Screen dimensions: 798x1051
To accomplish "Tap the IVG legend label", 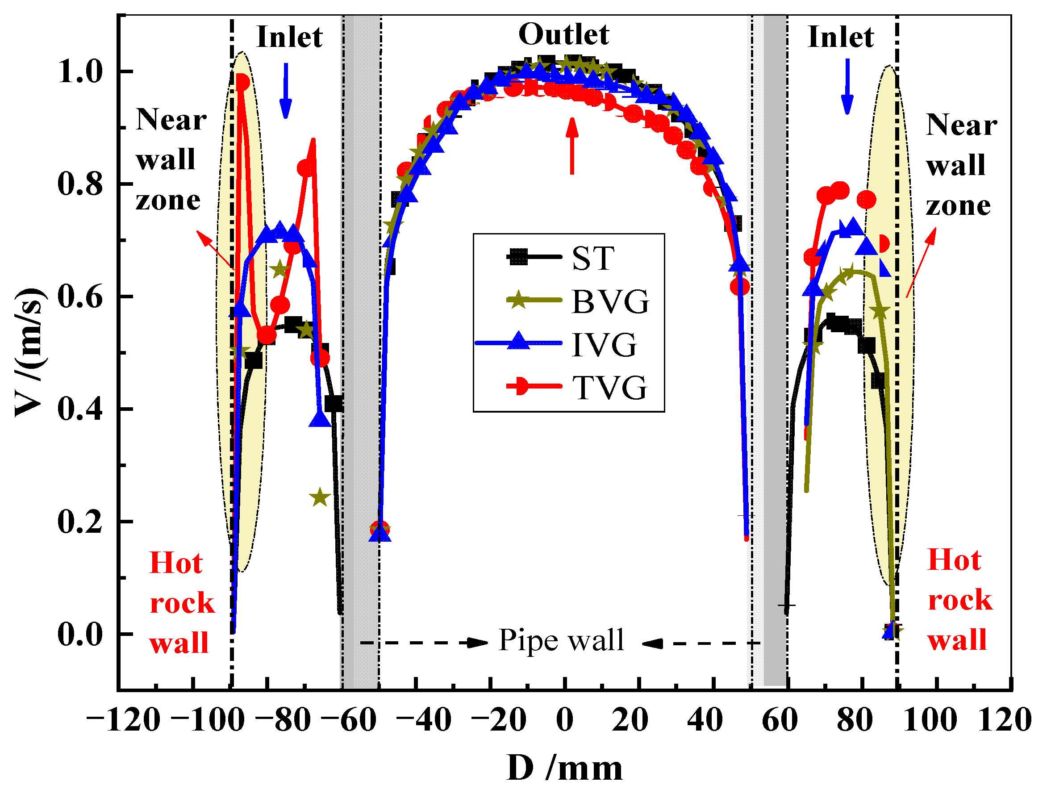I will [x=604, y=345].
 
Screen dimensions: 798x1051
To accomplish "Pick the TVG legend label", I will [x=609, y=387].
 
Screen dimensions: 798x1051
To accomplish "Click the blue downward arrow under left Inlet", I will [x=286, y=90].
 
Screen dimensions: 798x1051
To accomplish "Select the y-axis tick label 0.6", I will [x=80, y=297].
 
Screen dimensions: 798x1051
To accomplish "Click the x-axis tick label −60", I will [x=349, y=719].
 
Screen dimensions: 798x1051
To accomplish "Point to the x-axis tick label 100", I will [x=930, y=719].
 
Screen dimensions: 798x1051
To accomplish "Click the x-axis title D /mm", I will [x=564, y=768].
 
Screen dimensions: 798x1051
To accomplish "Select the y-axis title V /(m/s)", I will [x=30, y=352].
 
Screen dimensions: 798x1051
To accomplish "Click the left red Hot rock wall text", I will [x=182, y=603].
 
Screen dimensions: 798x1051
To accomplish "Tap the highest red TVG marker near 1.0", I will [x=242, y=83].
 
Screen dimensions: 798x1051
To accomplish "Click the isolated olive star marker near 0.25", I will [x=320, y=498].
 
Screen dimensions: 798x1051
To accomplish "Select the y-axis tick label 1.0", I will [x=80, y=72].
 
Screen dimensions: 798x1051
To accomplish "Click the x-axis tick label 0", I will [x=564, y=719].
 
